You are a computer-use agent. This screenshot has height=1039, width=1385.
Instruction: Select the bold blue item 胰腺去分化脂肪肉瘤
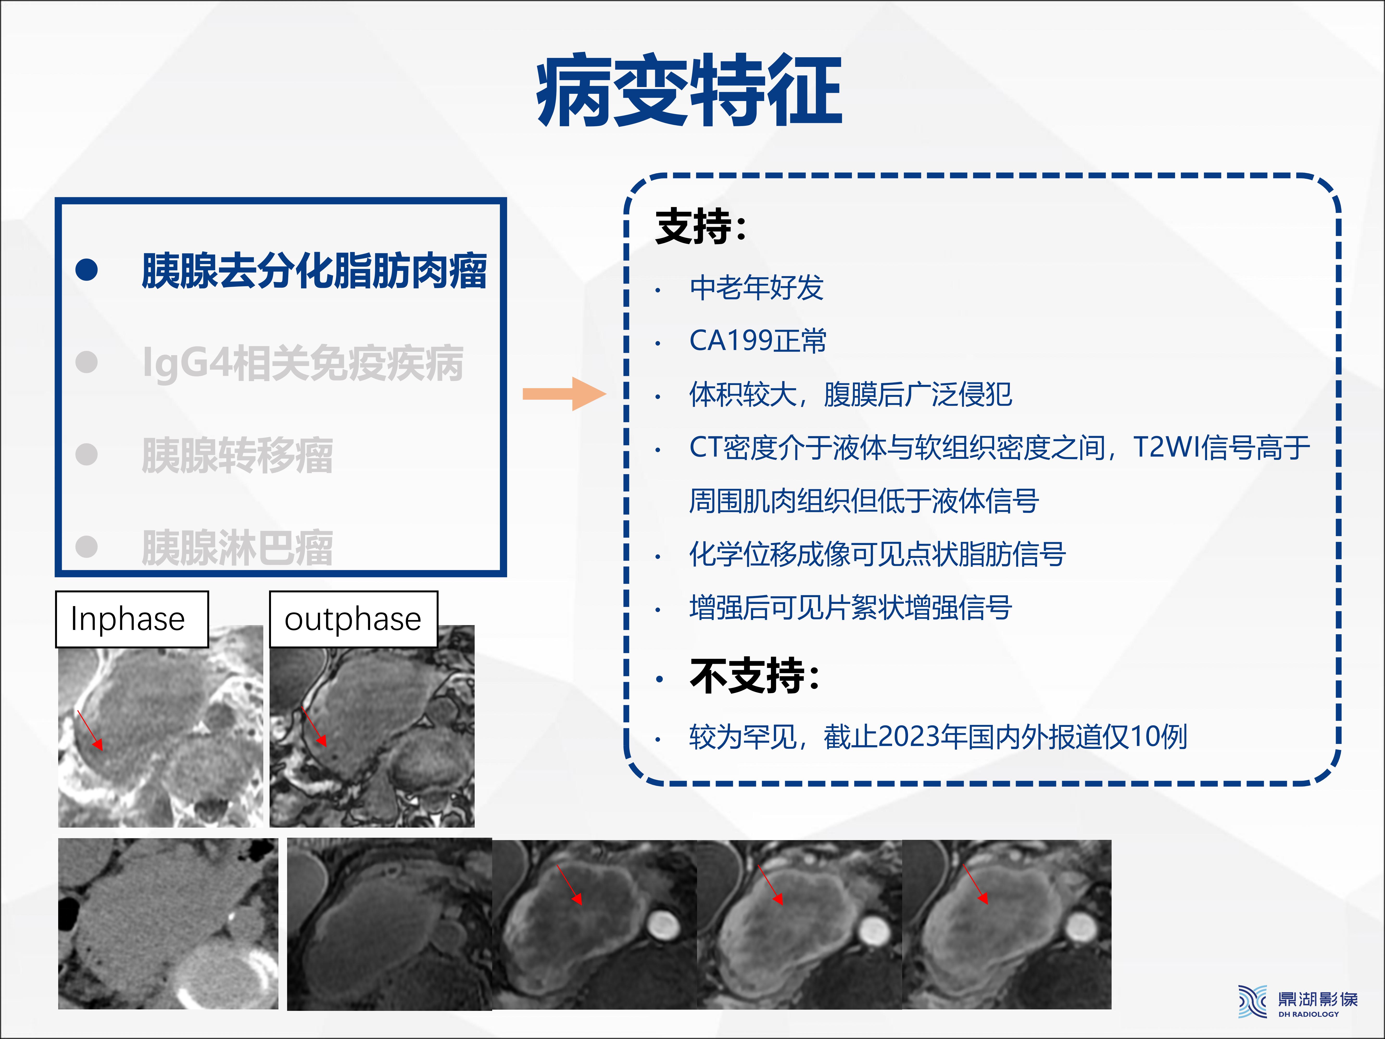click(x=314, y=271)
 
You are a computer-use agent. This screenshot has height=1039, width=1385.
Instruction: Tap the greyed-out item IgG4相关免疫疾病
click(x=303, y=363)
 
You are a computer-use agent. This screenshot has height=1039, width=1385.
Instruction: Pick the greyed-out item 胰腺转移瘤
click(x=237, y=455)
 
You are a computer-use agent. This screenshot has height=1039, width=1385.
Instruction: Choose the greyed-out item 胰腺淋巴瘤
click(x=237, y=547)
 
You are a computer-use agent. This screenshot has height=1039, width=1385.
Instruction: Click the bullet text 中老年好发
click(x=756, y=288)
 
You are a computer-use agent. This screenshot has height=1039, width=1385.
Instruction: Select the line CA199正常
click(x=758, y=341)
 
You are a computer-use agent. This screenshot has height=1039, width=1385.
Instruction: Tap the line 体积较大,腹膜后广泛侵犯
click(x=850, y=395)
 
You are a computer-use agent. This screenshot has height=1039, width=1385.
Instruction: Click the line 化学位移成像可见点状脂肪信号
click(x=877, y=554)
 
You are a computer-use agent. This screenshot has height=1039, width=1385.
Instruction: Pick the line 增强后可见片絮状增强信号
click(x=850, y=608)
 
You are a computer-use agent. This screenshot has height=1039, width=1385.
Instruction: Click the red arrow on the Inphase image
click(x=89, y=730)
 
